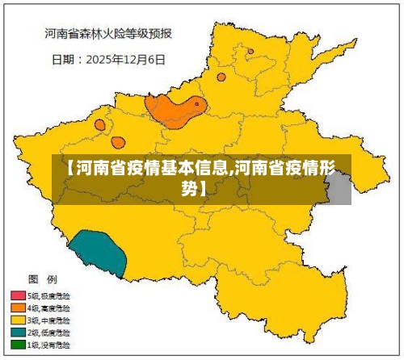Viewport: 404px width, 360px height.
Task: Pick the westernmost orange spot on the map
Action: [99, 125]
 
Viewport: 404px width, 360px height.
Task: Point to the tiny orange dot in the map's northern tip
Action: [250, 51]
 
